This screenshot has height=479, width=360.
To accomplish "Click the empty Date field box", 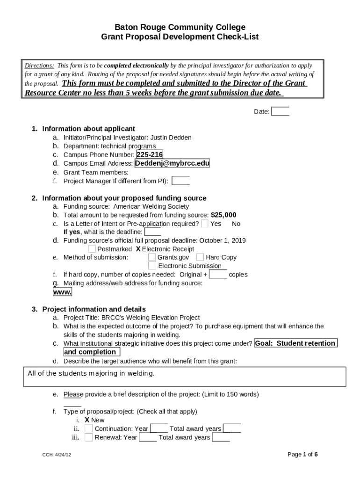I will [x=280, y=111].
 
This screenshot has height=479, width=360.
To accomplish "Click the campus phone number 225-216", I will [x=150, y=155].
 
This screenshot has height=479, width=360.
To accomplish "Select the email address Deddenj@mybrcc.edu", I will [x=172, y=163].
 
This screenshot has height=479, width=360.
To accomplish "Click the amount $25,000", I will [x=223, y=215].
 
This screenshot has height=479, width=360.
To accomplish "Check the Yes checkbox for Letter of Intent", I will [x=205, y=224].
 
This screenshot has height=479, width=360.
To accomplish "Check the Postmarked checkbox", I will [x=92, y=249].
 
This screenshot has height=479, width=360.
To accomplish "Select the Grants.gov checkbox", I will [x=152, y=257].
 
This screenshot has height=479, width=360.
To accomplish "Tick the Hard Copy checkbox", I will [x=200, y=257].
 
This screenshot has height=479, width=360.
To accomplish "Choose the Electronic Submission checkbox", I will [x=152, y=266].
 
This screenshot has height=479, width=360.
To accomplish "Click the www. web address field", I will [x=62, y=292].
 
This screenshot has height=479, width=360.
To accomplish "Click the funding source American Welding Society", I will [x=151, y=206].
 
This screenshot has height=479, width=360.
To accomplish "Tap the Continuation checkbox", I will [x=88, y=428].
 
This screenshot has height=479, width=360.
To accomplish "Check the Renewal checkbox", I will [x=88, y=437].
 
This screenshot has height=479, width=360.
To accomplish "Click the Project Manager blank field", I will [x=181, y=181].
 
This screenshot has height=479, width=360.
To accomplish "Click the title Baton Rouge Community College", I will [x=180, y=27].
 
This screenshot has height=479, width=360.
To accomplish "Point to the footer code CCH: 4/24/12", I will [x=56, y=455].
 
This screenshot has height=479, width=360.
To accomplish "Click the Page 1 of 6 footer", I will [x=303, y=454].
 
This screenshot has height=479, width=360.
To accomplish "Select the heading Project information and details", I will [x=94, y=309].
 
